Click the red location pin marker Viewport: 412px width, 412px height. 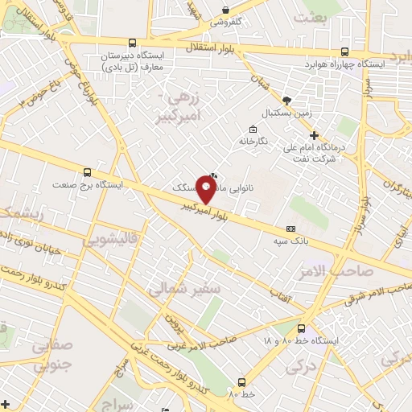coord(206,190)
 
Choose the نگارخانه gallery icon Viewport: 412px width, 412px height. coord(253,130)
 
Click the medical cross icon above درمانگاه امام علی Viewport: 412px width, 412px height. coord(315,135)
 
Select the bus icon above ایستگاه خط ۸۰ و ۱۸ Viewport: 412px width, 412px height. coord(301,328)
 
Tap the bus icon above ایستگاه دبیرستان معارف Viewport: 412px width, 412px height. coord(132,43)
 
